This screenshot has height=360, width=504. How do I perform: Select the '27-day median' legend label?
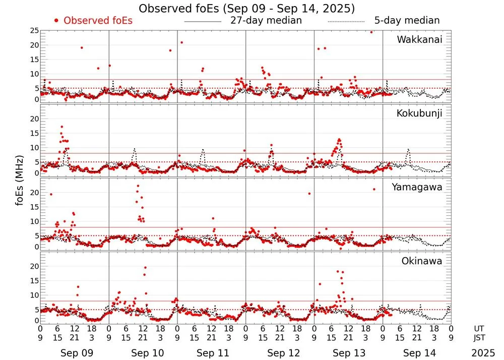266,21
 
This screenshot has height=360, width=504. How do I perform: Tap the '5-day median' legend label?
407,21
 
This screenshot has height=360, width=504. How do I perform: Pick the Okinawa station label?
421,261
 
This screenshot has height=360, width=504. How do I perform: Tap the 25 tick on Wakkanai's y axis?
34,31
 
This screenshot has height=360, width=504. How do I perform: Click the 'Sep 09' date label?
74,353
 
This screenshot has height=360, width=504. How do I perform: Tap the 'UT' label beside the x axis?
479,328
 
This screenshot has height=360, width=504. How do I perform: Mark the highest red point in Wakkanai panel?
371,32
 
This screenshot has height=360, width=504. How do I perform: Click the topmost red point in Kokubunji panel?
61,127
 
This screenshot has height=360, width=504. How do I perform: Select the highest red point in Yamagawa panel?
138,186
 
